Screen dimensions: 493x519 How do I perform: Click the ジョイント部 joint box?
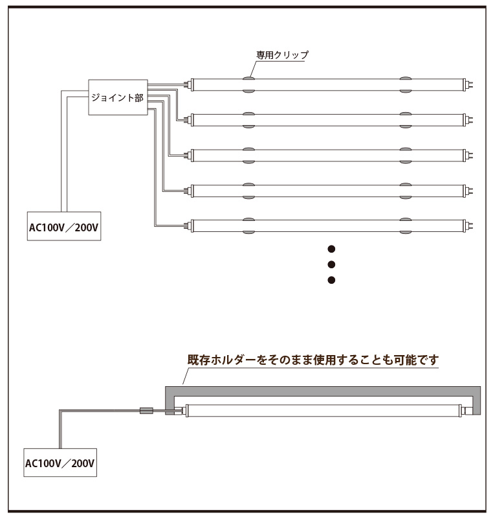click(118, 97)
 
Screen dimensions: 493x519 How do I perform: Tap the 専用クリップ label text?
click(282, 55)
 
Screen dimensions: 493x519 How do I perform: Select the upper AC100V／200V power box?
click(64, 226)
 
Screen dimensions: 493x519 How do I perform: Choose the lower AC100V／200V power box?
click(60, 463)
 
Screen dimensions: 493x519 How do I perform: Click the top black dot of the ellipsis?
click(331, 249)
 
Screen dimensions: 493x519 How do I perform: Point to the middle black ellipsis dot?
click(331, 264)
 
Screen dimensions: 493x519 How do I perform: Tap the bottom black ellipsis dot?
click(331, 280)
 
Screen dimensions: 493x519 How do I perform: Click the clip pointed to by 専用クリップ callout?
click(249, 78)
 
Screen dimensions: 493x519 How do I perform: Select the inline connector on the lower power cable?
click(146, 411)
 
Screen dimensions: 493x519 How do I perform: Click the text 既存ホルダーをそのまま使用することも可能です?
click(313, 360)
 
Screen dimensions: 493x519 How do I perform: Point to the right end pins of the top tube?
click(470, 85)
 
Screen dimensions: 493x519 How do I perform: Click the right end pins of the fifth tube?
click(470, 226)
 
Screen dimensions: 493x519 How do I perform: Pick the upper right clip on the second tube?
click(406, 113)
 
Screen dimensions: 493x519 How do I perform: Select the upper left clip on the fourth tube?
click(249, 185)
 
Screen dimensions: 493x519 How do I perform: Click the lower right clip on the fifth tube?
click(406, 233)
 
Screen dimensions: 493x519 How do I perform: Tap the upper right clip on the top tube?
click(406, 78)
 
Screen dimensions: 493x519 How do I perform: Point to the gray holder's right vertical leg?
click(476, 404)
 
